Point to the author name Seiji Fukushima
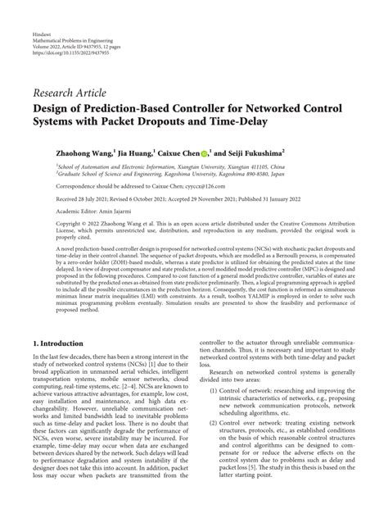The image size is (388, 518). (x=249, y=152)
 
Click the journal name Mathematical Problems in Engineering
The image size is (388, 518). (x=73, y=43)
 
